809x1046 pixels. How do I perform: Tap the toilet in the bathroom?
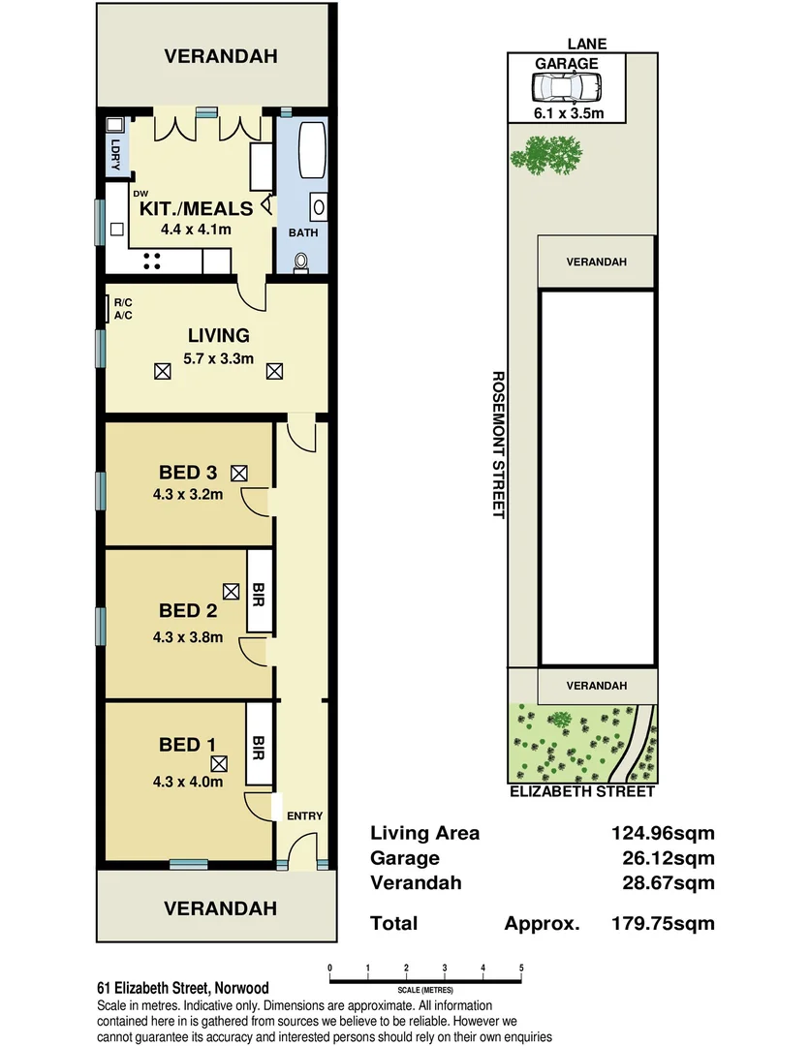pos(301,261)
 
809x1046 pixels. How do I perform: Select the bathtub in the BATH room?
pos(310,150)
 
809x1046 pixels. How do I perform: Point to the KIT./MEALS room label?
pos(197,208)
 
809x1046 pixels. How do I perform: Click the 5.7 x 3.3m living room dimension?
pos(220,357)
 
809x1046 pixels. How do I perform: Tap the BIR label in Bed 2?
pos(259,592)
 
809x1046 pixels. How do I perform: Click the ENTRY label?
pos(304,815)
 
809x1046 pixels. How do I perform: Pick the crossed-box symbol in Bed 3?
pos(238,473)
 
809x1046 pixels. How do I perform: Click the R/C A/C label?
pos(123,309)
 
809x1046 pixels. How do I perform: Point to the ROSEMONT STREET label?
pos(497,445)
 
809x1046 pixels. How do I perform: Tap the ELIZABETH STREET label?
pos(582,791)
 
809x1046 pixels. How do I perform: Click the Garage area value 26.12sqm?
pos(663,858)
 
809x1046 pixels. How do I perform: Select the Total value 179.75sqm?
pos(663,923)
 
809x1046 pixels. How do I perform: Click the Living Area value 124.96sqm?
pos(658,833)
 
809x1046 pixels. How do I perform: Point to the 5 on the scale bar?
pos(521,968)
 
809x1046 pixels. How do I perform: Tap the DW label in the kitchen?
pos(140,194)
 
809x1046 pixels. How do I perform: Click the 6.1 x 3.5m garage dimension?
pos(567,113)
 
